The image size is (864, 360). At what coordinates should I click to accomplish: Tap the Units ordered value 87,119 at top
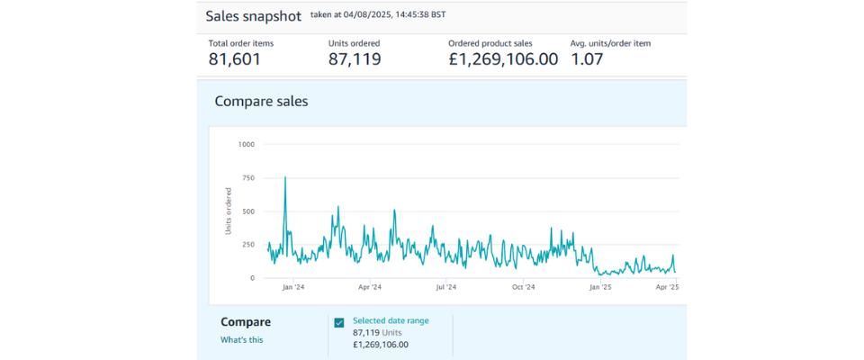tap(355, 59)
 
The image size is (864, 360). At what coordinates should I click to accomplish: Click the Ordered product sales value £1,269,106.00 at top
tap(503, 59)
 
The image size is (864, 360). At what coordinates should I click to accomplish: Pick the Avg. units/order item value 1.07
tap(587, 59)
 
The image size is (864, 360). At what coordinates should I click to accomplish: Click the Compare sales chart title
tap(261, 101)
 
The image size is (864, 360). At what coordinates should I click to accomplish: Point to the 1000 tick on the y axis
tap(246, 144)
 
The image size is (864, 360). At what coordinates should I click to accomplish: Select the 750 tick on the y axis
tap(247, 178)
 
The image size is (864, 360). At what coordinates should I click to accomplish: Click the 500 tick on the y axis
tap(247, 211)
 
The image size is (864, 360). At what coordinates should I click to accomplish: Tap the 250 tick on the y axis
tap(247, 245)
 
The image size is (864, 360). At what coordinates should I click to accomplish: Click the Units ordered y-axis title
tap(229, 211)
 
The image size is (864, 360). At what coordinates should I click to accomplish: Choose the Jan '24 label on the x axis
tap(293, 288)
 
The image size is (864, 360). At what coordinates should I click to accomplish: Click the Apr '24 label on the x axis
tap(370, 288)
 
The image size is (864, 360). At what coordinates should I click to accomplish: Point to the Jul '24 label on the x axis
tap(445, 288)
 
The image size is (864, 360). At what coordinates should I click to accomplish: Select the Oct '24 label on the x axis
tap(523, 288)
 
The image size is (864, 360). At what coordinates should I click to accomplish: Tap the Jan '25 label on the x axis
tap(600, 288)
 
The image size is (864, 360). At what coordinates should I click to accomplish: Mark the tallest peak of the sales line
tap(285, 177)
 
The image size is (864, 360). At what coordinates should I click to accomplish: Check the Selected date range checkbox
tap(339, 322)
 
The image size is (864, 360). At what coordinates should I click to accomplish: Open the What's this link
tap(242, 339)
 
